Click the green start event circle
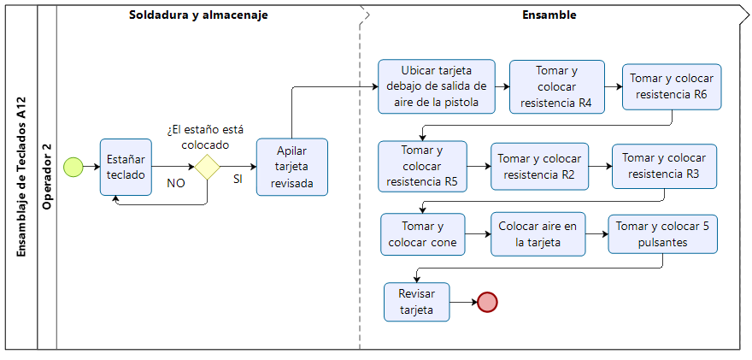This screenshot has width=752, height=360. click(x=74, y=166)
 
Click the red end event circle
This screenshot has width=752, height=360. click(x=487, y=302)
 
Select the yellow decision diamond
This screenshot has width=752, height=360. click(x=208, y=166)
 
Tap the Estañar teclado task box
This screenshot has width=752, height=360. click(x=126, y=166)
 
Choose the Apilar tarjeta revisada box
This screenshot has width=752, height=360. click(x=292, y=167)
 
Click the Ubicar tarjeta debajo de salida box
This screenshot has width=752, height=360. click(x=436, y=86)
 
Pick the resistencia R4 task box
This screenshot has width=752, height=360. click(x=556, y=86)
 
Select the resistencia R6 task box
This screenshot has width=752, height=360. click(x=672, y=86)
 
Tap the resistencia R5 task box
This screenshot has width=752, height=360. click(x=422, y=166)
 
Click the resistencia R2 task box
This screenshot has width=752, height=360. click(x=539, y=166)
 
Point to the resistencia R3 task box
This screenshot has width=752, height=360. click(x=664, y=166)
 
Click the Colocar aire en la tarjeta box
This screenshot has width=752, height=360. click(x=538, y=234)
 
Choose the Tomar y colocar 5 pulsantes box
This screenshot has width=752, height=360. click(x=662, y=234)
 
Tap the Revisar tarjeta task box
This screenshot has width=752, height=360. click(x=417, y=301)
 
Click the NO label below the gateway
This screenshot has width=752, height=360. click(x=176, y=183)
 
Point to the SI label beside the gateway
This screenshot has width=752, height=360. click(x=238, y=180)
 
